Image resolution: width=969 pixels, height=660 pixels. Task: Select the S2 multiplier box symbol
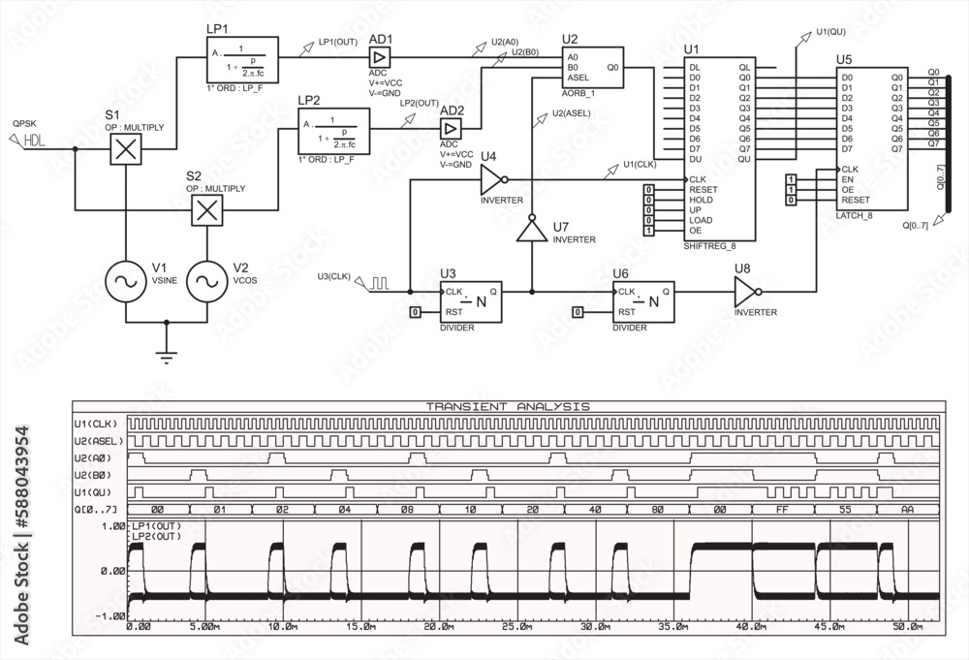[x=205, y=210]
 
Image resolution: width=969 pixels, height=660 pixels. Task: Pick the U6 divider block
[x=643, y=300]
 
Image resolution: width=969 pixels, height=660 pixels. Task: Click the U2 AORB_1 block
[x=594, y=68]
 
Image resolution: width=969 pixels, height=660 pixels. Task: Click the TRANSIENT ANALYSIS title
[x=508, y=407]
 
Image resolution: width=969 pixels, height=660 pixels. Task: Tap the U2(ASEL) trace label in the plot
[x=100, y=441]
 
